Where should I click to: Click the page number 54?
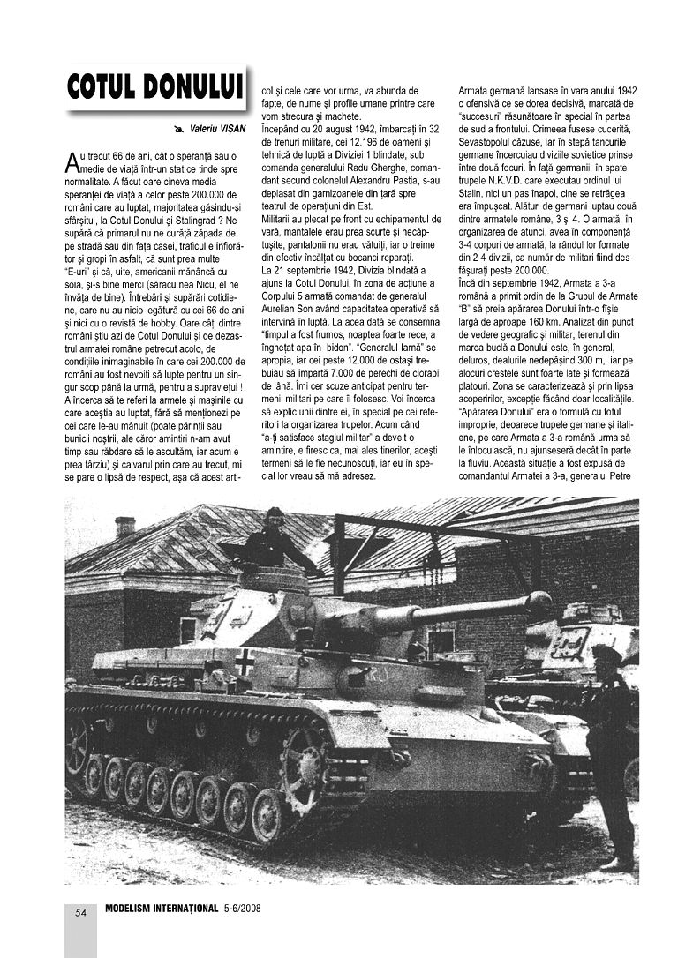click(x=79, y=912)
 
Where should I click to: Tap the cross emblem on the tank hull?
click(x=245, y=661)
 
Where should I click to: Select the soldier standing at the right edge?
click(x=615, y=750)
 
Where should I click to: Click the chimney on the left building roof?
click(x=124, y=528)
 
